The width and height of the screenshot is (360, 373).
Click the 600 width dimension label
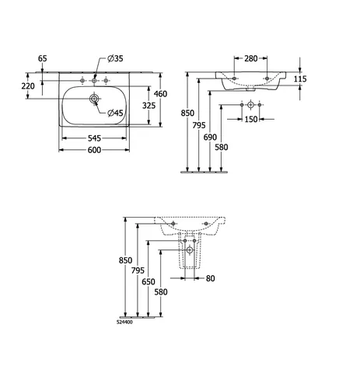94,150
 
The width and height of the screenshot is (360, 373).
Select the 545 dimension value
94,138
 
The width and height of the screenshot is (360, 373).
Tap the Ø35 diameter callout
115,58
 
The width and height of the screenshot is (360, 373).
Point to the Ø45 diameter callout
115,113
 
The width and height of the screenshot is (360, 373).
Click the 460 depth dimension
160,94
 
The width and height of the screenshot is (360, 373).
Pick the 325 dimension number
149,106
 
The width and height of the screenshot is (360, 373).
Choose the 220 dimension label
28,85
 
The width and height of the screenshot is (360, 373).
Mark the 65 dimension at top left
43,58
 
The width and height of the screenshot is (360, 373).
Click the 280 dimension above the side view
251,58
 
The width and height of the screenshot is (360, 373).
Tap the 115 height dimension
300,78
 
